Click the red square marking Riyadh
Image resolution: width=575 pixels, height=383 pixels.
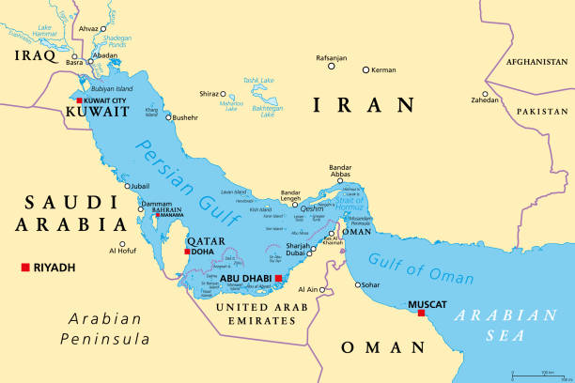pos(24,268)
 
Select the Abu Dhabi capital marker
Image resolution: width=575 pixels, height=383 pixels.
pos(278,278)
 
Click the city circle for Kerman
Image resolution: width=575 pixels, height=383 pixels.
pos(366,69)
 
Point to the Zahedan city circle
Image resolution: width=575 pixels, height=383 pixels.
pos(486,95)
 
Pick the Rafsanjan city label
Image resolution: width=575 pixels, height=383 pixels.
pos(332,58)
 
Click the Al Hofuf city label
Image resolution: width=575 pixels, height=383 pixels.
pos(124,250)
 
